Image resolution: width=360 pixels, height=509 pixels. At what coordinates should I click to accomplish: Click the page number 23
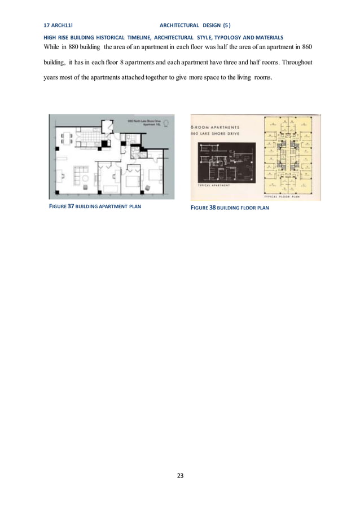point(180,476)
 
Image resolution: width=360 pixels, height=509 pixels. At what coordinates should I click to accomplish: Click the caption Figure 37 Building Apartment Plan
point(95,207)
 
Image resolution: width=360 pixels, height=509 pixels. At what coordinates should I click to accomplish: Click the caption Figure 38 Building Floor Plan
point(230,208)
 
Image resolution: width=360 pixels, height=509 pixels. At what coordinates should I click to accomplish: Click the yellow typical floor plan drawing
point(291,154)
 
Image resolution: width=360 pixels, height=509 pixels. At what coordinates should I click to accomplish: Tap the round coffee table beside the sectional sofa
point(86,178)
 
